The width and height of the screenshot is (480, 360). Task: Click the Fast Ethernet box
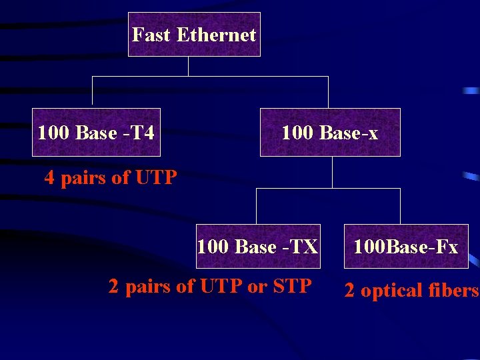click(x=194, y=34)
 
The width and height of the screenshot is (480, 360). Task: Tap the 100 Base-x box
click(x=330, y=132)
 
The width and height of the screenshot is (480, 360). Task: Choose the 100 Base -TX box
click(x=257, y=246)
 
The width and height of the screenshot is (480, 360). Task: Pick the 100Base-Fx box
click(x=406, y=246)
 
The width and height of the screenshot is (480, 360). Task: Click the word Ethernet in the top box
click(x=216, y=35)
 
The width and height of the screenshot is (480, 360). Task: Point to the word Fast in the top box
click(x=151, y=35)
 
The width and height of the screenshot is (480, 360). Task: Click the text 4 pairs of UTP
click(x=111, y=178)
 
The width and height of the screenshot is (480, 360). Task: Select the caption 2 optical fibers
click(x=411, y=291)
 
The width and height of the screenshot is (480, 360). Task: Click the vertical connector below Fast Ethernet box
click(x=189, y=66)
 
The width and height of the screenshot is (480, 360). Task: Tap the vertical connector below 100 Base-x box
click(x=332, y=172)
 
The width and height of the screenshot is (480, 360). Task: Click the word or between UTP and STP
click(x=257, y=287)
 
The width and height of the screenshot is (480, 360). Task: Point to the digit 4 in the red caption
click(x=49, y=178)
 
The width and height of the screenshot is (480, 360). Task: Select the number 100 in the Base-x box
click(x=296, y=133)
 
